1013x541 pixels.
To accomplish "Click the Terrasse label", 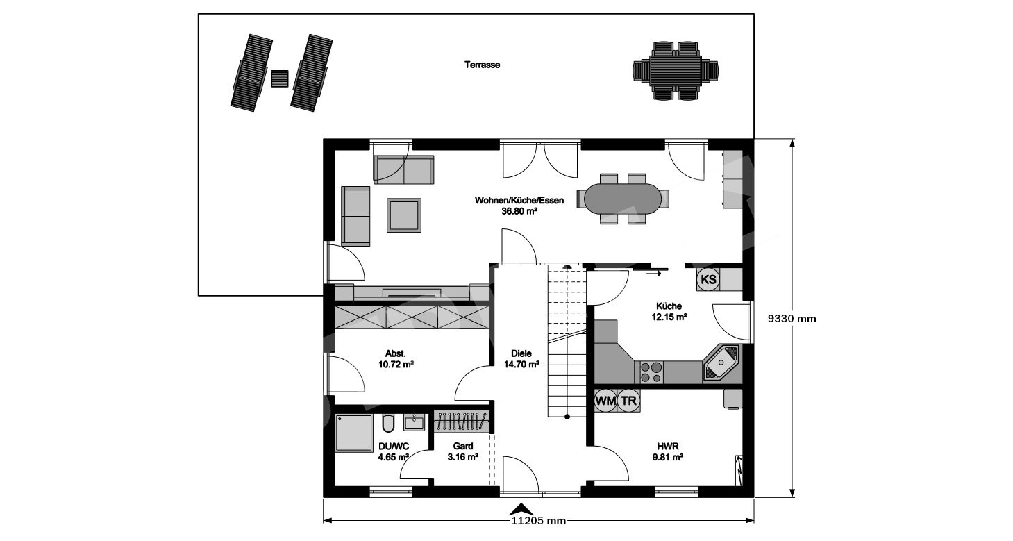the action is (x=482, y=65).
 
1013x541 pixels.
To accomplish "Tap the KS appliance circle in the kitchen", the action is (x=708, y=280).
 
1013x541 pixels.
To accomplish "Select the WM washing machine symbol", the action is (x=605, y=401).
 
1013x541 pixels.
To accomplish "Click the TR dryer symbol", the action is (x=628, y=401).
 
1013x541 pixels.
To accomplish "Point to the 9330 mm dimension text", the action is (x=792, y=319).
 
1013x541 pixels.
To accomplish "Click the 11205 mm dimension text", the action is (x=539, y=521).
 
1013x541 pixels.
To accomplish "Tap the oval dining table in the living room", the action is (x=622, y=199).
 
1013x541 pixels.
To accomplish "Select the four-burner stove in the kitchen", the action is (x=651, y=372).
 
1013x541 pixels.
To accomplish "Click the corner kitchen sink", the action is (x=721, y=363).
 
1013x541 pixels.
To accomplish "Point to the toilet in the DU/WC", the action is (x=388, y=423).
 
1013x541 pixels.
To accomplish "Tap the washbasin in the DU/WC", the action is (x=414, y=422).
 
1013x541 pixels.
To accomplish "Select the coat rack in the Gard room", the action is (x=461, y=422).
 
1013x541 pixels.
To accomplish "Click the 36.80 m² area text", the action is (x=519, y=211).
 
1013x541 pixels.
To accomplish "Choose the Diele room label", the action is (x=521, y=353).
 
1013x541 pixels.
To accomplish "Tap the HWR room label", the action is (x=667, y=447).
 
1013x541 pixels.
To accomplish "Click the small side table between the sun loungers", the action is (x=280, y=78).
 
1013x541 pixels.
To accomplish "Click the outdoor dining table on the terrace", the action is (x=676, y=71).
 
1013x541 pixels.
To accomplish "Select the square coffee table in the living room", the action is (x=404, y=215).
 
